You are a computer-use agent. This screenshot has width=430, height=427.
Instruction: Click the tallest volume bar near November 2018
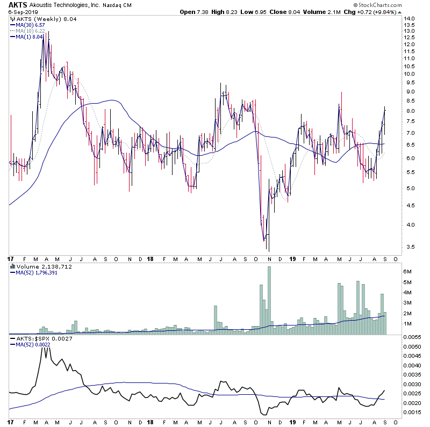click(x=269, y=301)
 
